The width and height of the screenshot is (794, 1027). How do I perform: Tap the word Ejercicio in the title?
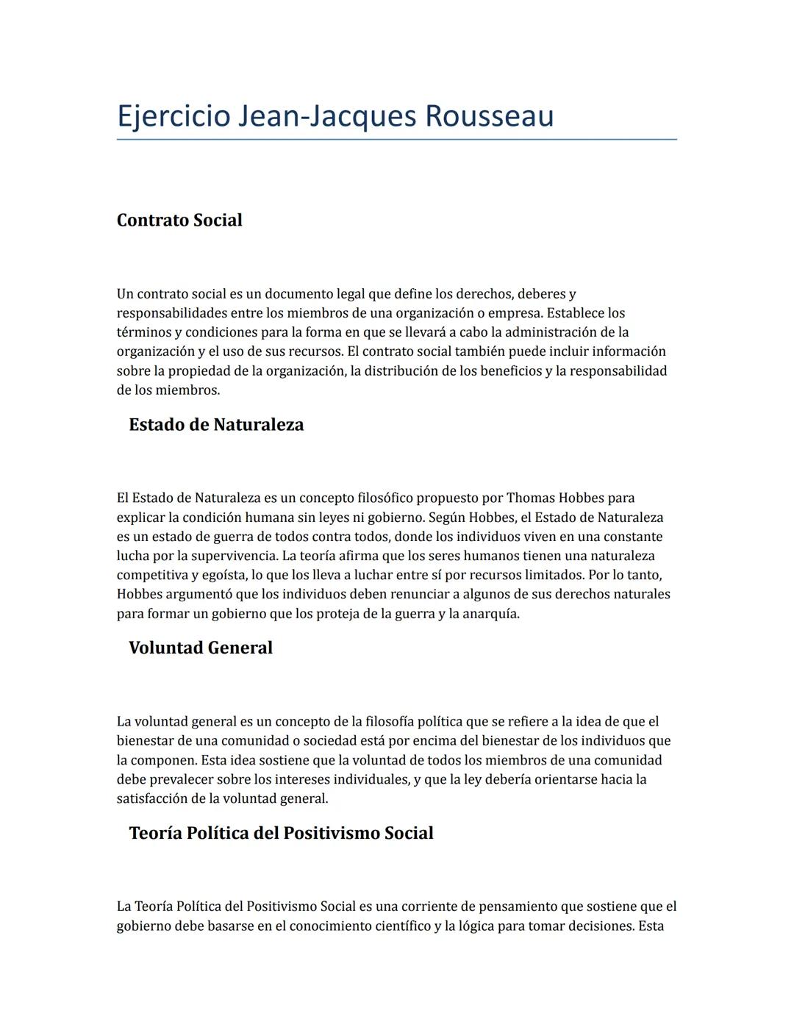pos(174,116)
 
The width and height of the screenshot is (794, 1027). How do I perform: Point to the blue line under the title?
pos(397,139)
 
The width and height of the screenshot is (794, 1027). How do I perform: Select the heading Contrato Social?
pos(179,221)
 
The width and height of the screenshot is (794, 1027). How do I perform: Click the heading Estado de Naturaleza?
pos(216,425)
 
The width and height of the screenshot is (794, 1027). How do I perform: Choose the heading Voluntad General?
pos(201,648)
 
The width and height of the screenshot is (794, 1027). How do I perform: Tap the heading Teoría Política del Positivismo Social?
pos(281,833)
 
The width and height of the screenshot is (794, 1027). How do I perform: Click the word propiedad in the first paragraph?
pos(198,371)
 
